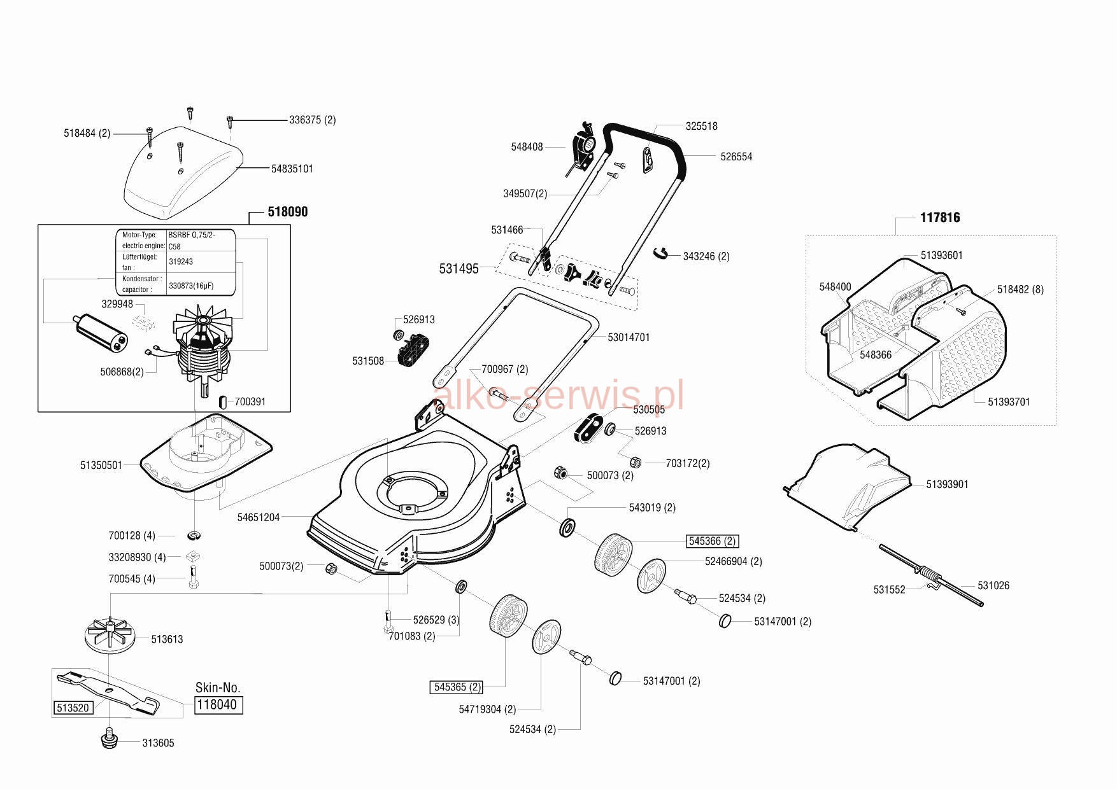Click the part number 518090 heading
tap(287, 212)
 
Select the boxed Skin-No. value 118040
tap(218, 705)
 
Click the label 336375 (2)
tap(312, 120)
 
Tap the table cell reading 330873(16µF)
tap(191, 286)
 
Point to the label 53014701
tap(629, 337)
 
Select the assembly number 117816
tap(940, 218)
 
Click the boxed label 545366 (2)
tap(712, 541)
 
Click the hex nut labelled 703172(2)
tap(635, 462)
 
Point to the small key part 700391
tap(222, 401)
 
